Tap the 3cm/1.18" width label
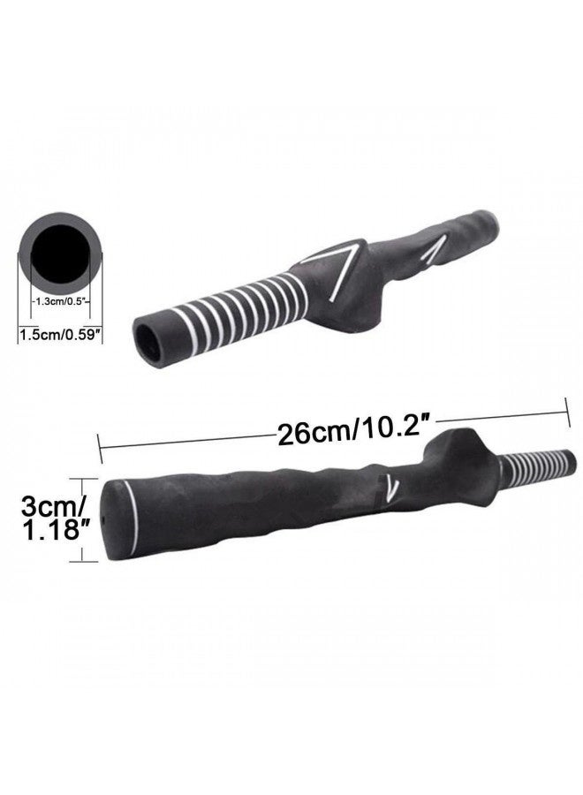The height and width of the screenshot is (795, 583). click(51, 517)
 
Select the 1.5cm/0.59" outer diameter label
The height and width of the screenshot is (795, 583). click(58, 335)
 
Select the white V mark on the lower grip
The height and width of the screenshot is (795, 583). click(390, 488)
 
